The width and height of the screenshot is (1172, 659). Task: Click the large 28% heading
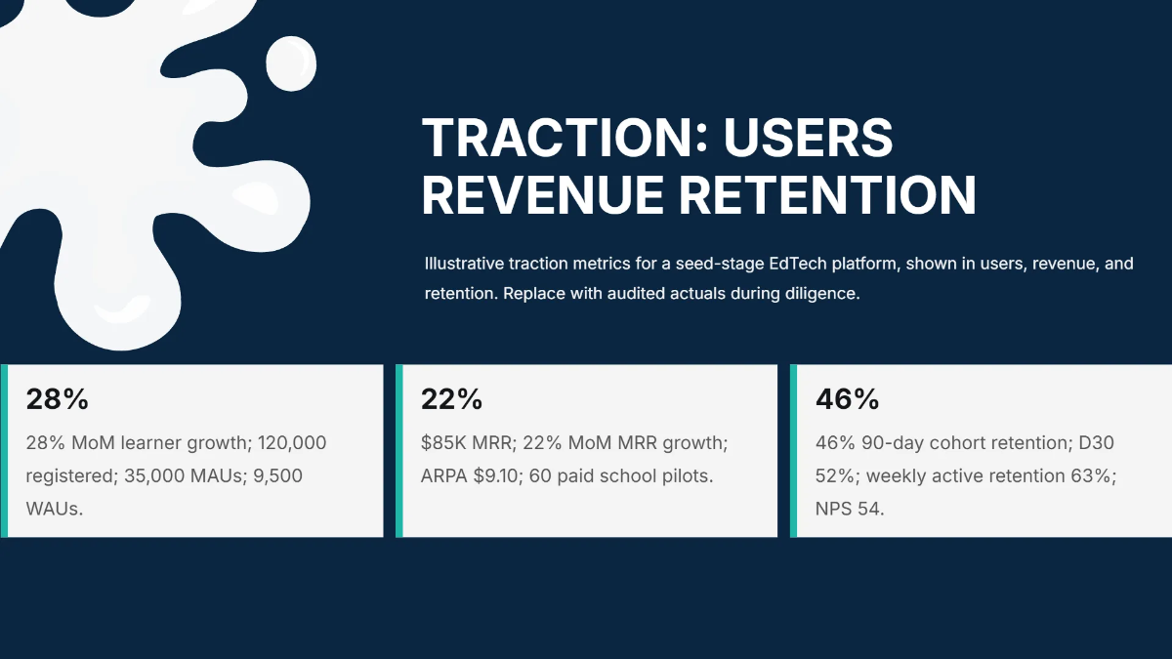coord(57,399)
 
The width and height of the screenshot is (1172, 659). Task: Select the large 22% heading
coord(451,399)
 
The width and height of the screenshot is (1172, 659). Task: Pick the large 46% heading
coord(847,399)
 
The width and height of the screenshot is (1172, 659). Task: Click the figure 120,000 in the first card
coord(292,443)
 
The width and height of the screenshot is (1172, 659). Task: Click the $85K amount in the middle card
coord(442,443)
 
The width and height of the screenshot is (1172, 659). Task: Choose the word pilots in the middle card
coord(688,476)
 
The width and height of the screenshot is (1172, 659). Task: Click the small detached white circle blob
coord(291,62)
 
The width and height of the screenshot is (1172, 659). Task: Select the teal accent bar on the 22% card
coord(398,451)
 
